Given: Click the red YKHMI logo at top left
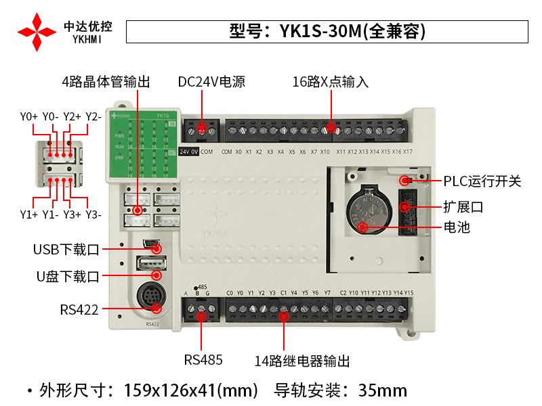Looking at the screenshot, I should (37, 31).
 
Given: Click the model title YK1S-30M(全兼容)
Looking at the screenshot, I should (327, 32).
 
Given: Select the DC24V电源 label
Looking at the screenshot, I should (211, 82).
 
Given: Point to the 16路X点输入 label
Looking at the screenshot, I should (330, 82).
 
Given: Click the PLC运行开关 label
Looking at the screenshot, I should (482, 181).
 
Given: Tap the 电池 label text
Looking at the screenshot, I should (457, 227).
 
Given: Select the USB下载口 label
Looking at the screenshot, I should (66, 250).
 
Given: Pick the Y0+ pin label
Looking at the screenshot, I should (29, 116).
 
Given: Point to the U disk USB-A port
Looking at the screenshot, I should (151, 264).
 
